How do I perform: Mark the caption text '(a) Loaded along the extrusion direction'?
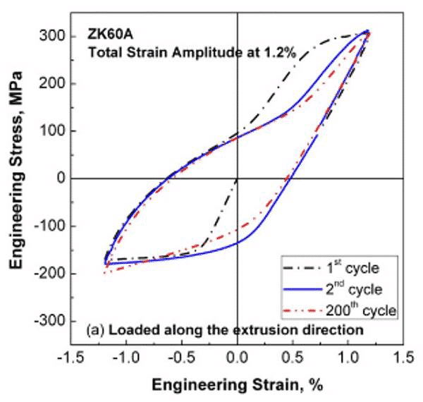tap(224, 329)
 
